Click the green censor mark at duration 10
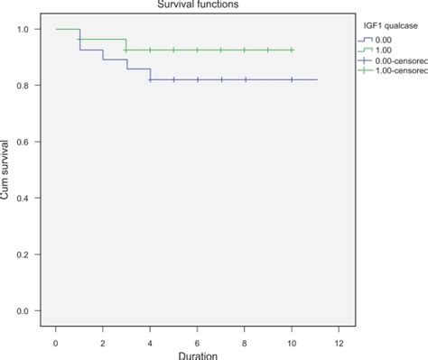[x=292, y=51]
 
